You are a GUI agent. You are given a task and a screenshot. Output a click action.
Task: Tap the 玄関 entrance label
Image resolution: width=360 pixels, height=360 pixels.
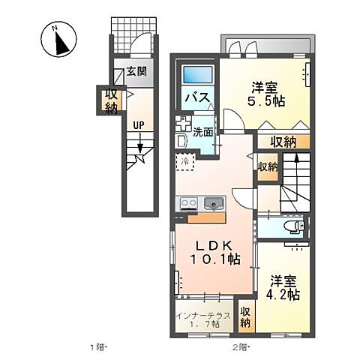tap(136, 73)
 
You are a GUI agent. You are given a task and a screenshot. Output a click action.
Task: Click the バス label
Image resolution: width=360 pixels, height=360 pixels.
tap(196, 97)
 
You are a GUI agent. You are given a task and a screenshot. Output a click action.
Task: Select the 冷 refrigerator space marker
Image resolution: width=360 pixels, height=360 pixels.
tap(184, 160)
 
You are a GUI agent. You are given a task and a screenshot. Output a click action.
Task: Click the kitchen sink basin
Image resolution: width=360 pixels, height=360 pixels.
tap(214, 202)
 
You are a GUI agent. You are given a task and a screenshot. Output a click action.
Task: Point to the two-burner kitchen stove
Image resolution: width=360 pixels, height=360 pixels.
tap(188, 202)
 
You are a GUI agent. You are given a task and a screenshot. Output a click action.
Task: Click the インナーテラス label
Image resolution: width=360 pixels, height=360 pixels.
tap(199, 312)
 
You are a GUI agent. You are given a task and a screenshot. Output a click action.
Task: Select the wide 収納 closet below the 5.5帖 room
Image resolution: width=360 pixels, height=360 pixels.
tap(282, 140)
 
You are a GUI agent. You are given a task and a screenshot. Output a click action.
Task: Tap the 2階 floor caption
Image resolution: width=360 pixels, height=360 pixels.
tap(240, 347)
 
